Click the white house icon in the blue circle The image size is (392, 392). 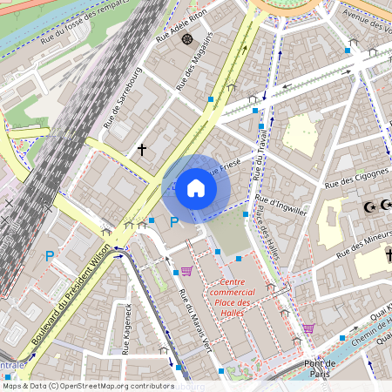pyautogui.click(x=196, y=187)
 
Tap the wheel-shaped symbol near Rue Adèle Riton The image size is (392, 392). pyautogui.click(x=186, y=39)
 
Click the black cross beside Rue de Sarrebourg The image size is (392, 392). pyautogui.click(x=142, y=150)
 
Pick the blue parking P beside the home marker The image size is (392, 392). pyautogui.click(x=173, y=223)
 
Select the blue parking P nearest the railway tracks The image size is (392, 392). pyautogui.click(x=50, y=256)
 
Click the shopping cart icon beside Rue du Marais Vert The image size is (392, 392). pyautogui.click(x=186, y=271)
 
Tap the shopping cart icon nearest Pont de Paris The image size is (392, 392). pyautogui.click(x=308, y=328)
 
